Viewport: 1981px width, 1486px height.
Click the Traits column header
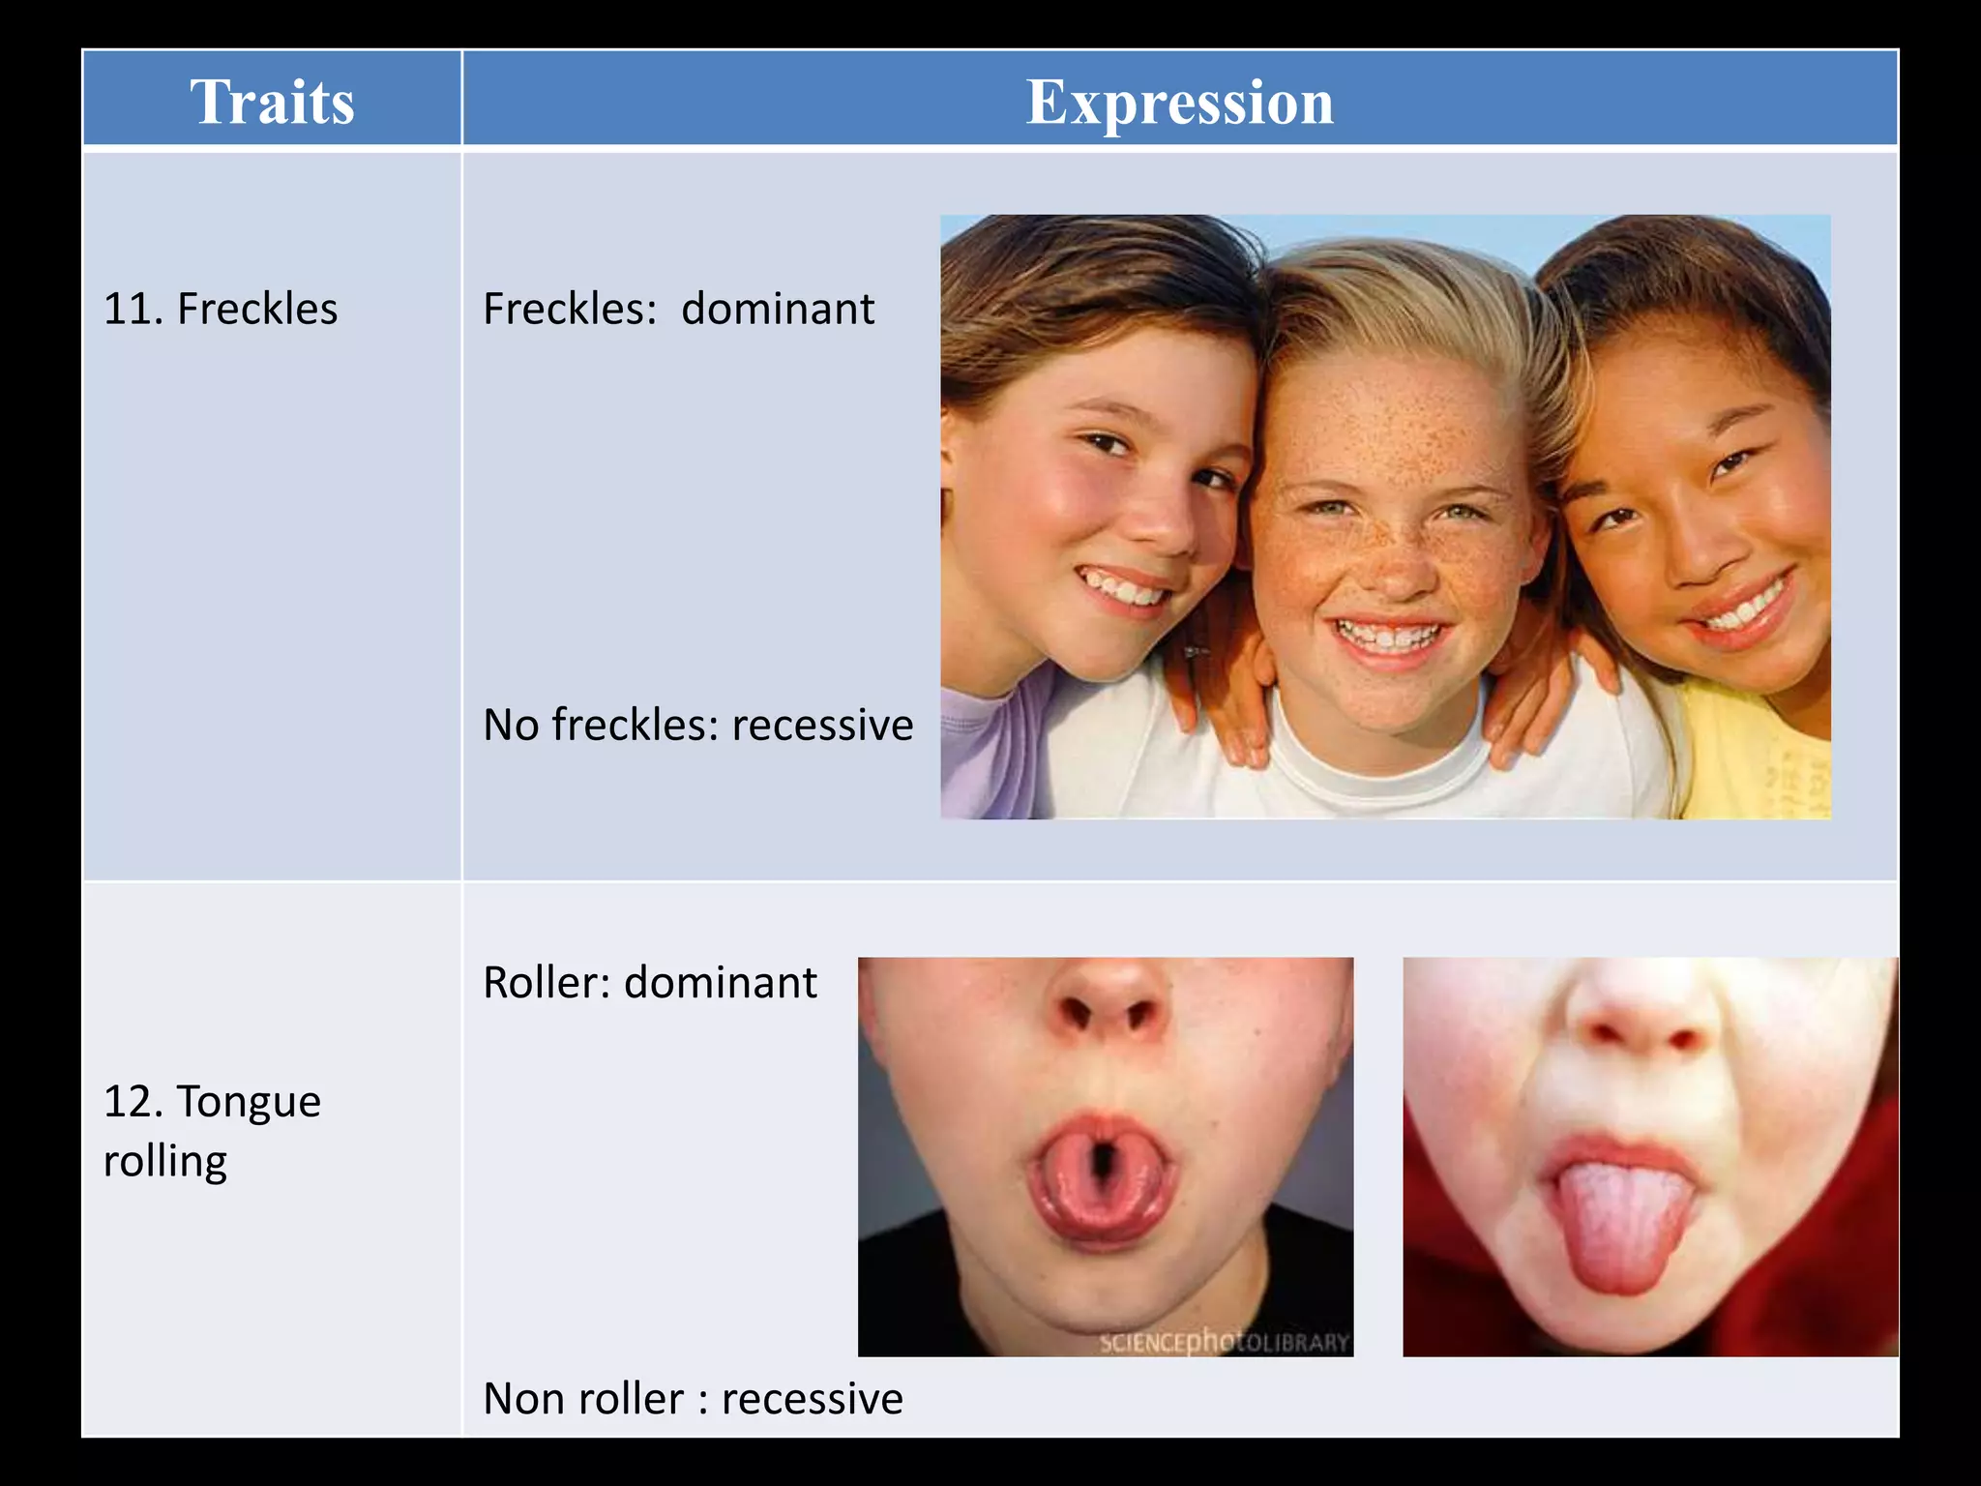[x=272, y=102]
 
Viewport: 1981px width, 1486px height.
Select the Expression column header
[x=1179, y=102]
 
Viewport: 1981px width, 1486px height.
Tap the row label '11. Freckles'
[x=221, y=309]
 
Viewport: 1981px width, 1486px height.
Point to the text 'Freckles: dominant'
[x=678, y=309]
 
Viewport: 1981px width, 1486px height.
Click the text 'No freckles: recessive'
[x=697, y=725]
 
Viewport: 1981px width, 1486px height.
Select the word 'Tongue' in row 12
[x=249, y=1102]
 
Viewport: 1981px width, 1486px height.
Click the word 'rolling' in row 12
[x=165, y=1161]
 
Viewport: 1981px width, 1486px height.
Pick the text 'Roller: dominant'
[x=649, y=983]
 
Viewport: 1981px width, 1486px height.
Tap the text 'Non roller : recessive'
[x=693, y=1399]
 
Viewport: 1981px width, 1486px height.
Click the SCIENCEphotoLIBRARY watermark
[x=1224, y=1342]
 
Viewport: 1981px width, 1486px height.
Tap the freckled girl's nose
[x=1394, y=571]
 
